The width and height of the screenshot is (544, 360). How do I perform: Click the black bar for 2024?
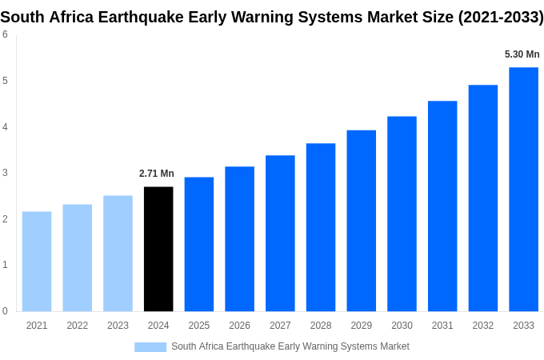[158, 249]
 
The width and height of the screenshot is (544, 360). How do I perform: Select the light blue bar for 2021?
[37, 261]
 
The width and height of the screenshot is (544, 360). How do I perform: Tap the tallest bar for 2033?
[523, 189]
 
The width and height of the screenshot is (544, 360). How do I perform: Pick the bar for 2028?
[321, 227]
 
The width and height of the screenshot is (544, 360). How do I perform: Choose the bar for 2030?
[402, 214]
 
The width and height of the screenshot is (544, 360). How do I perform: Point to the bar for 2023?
[118, 253]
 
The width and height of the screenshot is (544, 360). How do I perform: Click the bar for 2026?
[239, 238]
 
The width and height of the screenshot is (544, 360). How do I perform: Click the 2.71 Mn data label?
[157, 174]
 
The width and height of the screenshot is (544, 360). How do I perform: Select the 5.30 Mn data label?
[522, 54]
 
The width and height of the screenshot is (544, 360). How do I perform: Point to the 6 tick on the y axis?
[5, 34]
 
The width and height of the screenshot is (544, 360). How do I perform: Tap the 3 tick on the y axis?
[5, 173]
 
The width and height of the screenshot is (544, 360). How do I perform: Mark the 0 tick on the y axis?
[5, 311]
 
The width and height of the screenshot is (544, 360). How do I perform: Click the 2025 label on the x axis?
[199, 326]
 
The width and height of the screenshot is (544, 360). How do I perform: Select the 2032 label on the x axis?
[482, 326]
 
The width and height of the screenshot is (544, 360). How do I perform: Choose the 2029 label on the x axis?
[361, 326]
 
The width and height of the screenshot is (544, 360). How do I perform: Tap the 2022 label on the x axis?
[78, 326]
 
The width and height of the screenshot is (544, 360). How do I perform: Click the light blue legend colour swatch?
[150, 346]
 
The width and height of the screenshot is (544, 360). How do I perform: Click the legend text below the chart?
[290, 346]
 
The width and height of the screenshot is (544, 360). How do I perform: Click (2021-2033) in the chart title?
[500, 17]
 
